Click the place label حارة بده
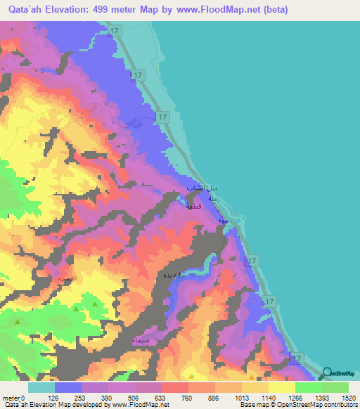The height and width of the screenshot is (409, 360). [x=174, y=275]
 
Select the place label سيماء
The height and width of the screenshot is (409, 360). [x=141, y=340]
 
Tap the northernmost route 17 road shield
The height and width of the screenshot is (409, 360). [x=116, y=30]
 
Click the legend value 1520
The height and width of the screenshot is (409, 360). [x=349, y=398]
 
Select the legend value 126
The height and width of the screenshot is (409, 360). [x=53, y=398]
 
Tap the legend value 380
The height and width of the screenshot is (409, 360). [x=108, y=398]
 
